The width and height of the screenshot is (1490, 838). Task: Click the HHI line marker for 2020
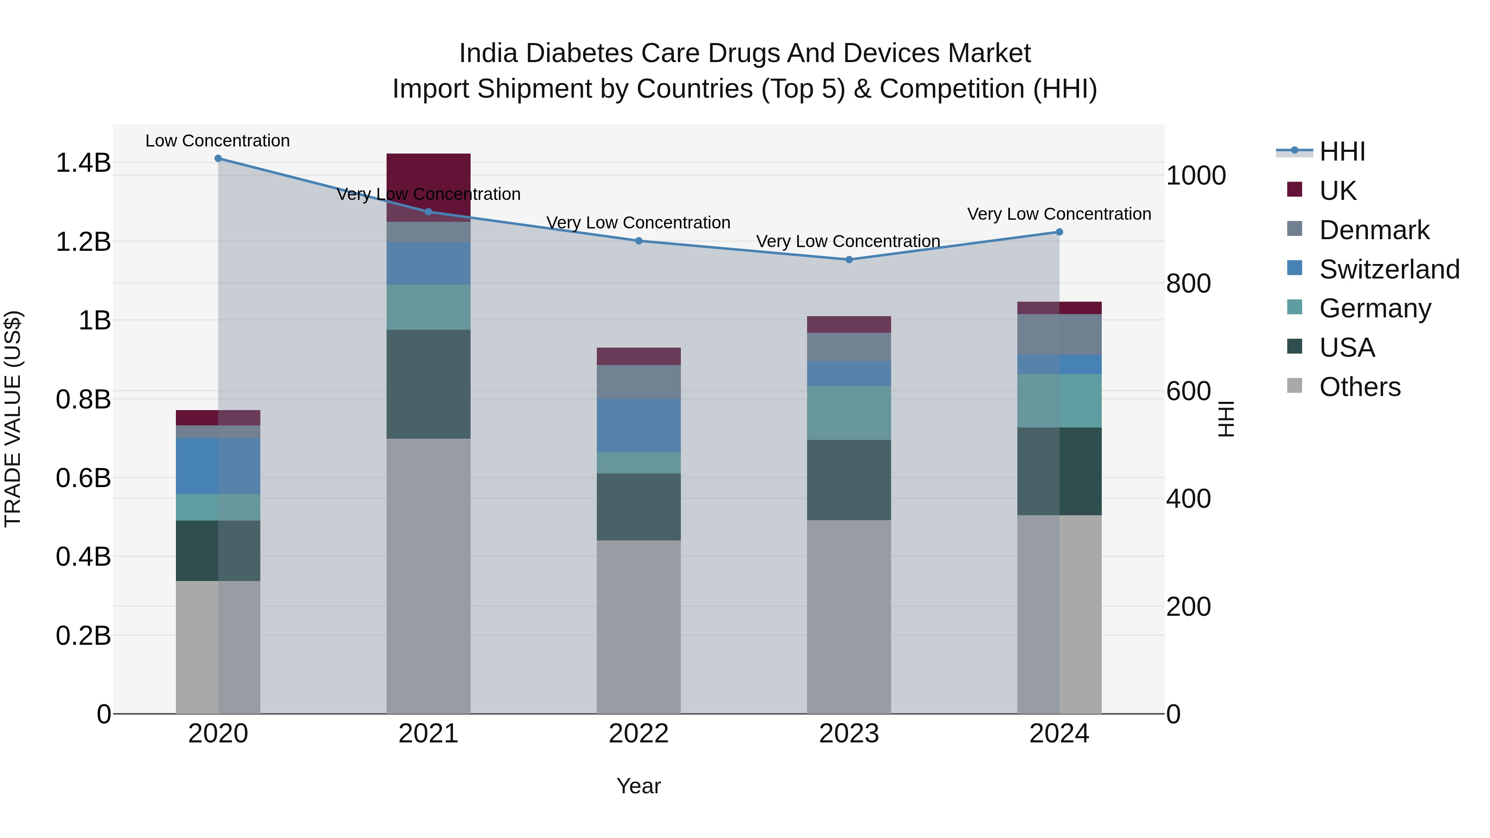[218, 158]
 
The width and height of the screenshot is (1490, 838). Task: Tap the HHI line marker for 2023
[848, 259]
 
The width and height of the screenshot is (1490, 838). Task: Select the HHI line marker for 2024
[1059, 232]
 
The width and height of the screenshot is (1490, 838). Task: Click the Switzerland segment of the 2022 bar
[639, 425]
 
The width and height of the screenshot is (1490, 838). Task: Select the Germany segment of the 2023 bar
[848, 413]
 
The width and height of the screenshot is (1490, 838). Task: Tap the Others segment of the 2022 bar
[639, 627]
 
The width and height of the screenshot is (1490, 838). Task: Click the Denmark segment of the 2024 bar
[1059, 334]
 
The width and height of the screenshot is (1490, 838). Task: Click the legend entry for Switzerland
[1388, 269]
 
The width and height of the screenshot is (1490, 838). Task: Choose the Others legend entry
[1359, 387]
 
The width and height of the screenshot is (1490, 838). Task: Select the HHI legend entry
[1342, 151]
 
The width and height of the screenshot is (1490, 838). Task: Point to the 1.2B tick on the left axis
[83, 242]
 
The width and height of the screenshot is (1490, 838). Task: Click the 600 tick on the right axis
[1188, 391]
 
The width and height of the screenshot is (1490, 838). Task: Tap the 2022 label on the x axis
[639, 734]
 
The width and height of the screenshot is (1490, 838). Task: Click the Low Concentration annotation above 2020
[217, 141]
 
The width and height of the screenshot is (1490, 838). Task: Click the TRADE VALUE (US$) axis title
[13, 419]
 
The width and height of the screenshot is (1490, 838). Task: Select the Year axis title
[639, 786]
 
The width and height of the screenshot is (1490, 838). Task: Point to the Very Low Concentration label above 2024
[1059, 214]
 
